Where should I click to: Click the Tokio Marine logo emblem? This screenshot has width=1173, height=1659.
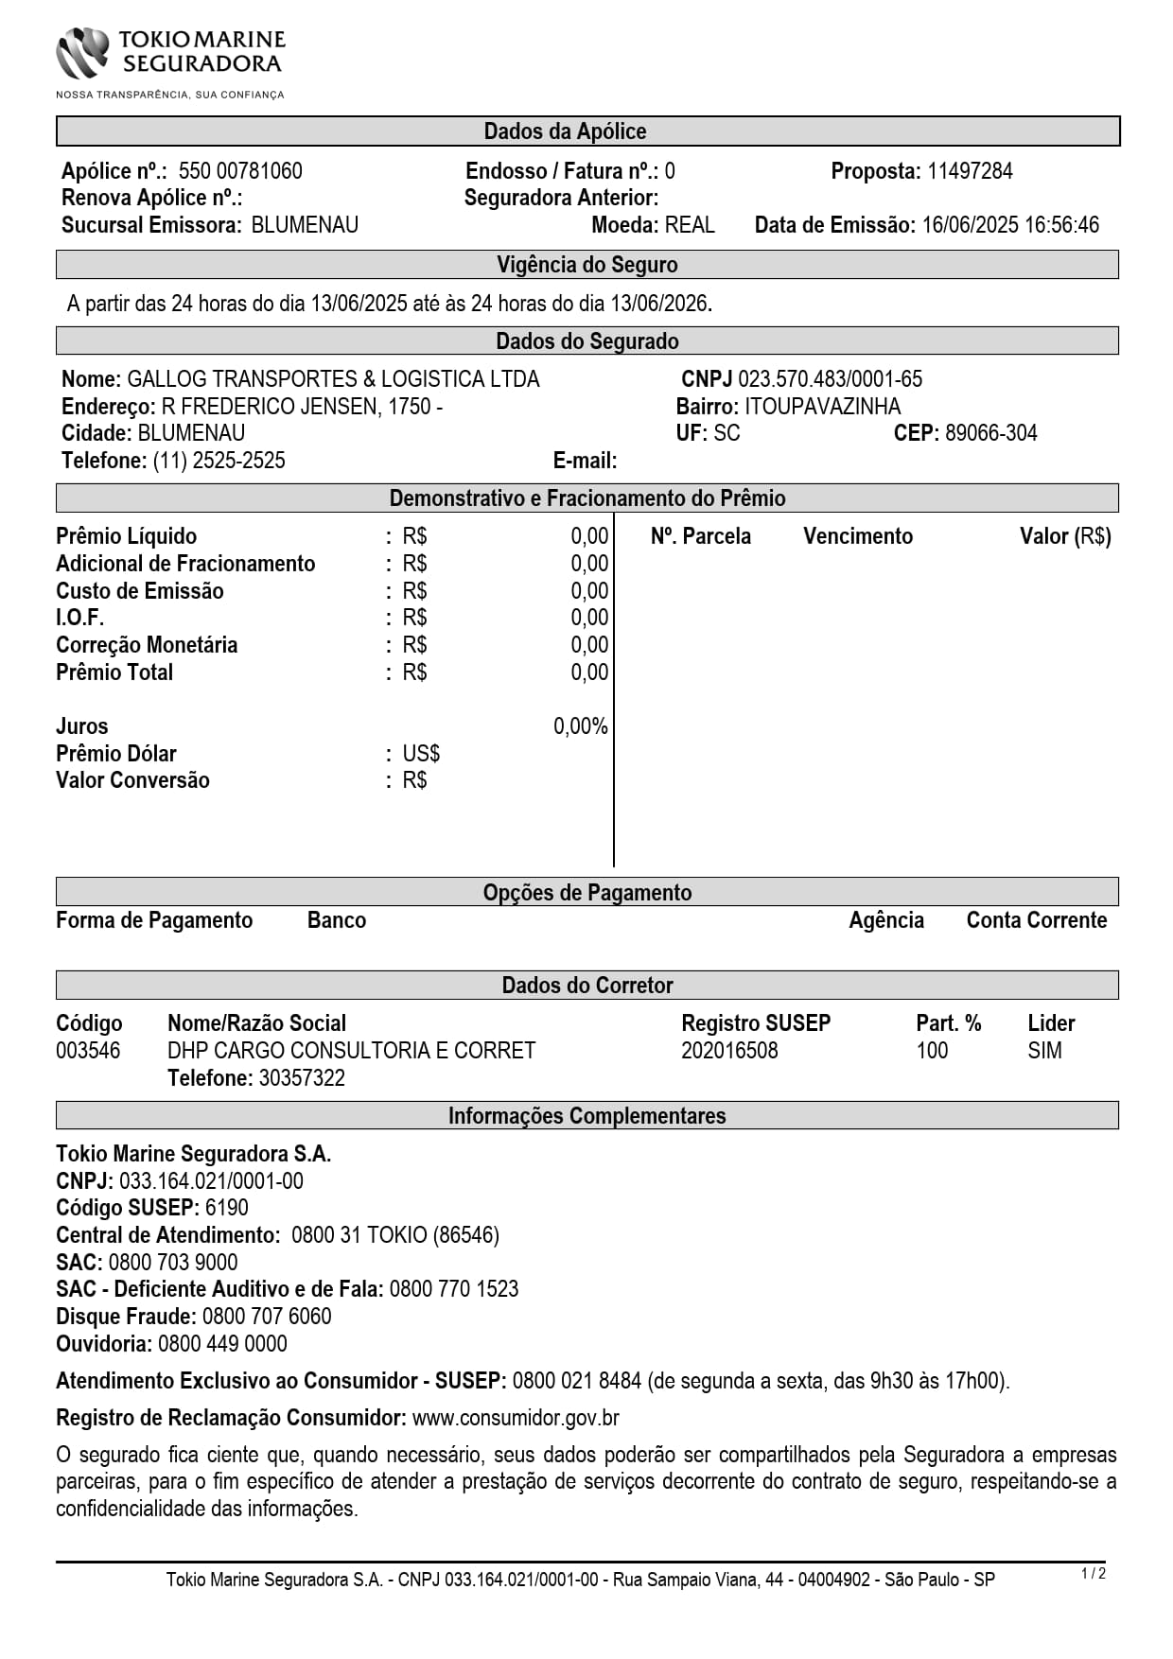pyautogui.click(x=83, y=52)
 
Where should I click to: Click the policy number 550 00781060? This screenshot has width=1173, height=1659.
pyautogui.click(x=240, y=171)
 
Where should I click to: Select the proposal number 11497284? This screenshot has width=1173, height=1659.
pyautogui.click(x=970, y=171)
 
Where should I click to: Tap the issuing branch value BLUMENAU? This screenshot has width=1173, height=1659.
pyautogui.click(x=305, y=225)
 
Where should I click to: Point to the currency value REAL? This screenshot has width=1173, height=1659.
pyautogui.click(x=690, y=225)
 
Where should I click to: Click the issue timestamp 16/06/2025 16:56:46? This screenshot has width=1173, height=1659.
pyautogui.click(x=1010, y=225)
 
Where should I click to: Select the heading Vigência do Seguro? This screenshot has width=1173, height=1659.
pyautogui.click(x=586, y=265)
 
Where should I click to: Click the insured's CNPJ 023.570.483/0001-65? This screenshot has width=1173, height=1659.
pyautogui.click(x=830, y=379)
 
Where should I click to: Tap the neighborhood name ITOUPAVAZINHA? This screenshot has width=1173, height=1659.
pyautogui.click(x=823, y=407)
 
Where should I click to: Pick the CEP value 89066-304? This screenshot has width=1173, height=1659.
pyautogui.click(x=990, y=433)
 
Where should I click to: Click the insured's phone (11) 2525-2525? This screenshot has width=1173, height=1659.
pyautogui.click(x=219, y=461)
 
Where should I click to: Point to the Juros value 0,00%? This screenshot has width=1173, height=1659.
pyautogui.click(x=580, y=726)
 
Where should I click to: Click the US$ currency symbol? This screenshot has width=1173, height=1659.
pyautogui.click(x=421, y=754)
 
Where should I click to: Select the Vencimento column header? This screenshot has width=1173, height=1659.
pyautogui.click(x=858, y=536)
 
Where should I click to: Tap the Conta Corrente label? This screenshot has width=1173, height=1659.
pyautogui.click(x=1036, y=920)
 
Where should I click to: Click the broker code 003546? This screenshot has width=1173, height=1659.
pyautogui.click(x=88, y=1051)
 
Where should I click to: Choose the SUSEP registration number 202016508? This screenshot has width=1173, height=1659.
pyautogui.click(x=729, y=1051)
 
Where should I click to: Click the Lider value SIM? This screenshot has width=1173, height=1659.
pyautogui.click(x=1044, y=1051)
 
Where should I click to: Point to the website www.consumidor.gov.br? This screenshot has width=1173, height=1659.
pyautogui.click(x=516, y=1418)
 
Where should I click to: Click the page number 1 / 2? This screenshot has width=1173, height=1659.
pyautogui.click(x=1093, y=1574)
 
